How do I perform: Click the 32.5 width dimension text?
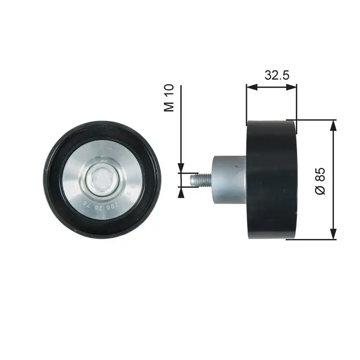(x=276, y=75)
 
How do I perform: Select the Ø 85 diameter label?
(x=320, y=181)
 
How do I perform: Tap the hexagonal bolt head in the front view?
(x=101, y=180)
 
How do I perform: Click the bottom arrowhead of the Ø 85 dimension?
(x=333, y=234)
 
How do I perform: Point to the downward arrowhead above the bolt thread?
(x=181, y=168)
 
